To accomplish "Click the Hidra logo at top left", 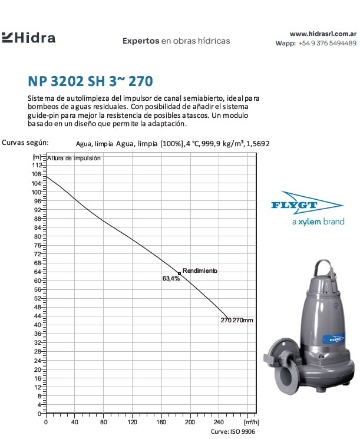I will pos(29,38).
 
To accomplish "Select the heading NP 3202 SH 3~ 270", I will pos(93,80).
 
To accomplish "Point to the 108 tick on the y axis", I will pos(38,174).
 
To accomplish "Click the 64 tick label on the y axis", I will pos(38,272).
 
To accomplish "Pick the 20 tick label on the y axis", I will pos(38,369).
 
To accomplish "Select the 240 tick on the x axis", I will pos(219,423).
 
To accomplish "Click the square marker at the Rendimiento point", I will pos(179,273).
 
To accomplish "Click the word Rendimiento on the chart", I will pos(200,270).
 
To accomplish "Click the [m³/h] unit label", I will pos(251,423).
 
